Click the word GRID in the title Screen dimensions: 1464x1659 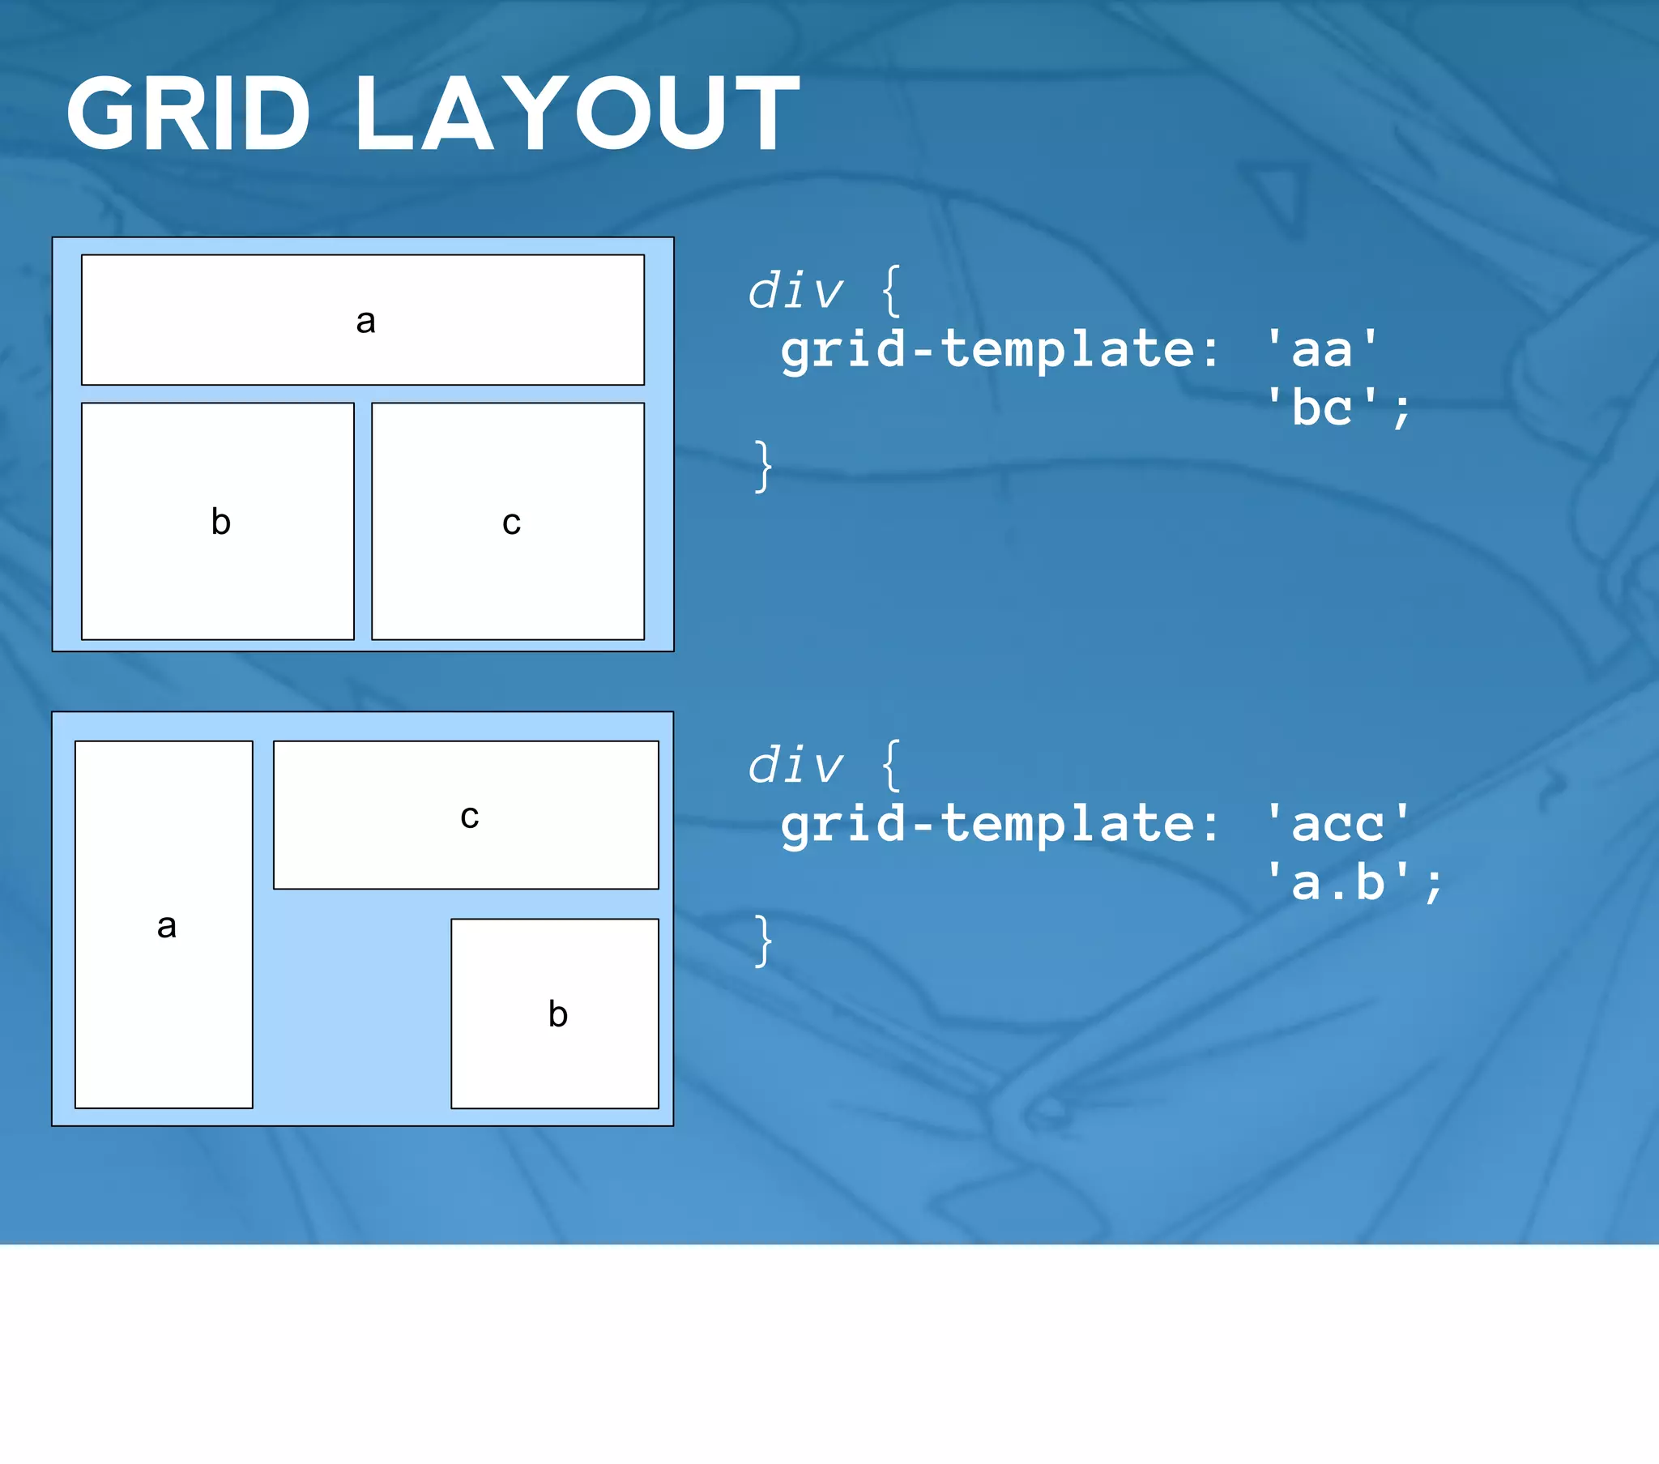pyautogui.click(x=188, y=113)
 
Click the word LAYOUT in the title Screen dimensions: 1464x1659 pyautogui.click(x=577, y=113)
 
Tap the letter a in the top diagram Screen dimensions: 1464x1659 pyautogui.click(x=365, y=322)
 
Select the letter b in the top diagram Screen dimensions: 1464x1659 pyautogui.click(x=221, y=521)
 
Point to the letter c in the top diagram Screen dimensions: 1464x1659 pyautogui.click(x=511, y=523)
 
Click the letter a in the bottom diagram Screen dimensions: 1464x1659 pyautogui.click(x=166, y=927)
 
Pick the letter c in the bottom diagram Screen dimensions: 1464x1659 pyautogui.click(x=469, y=817)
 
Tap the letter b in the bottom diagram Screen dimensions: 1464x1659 pyautogui.click(x=557, y=1014)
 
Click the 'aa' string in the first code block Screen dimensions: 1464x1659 pyautogui.click(x=1322, y=349)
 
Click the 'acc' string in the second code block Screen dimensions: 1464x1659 pyautogui.click(x=1337, y=823)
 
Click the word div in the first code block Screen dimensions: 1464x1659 pyautogui.click(x=795, y=292)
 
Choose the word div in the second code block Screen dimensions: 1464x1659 pyautogui.click(x=795, y=766)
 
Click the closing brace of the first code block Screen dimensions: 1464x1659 pyautogui.click(x=763, y=466)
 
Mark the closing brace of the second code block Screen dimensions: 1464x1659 pyautogui.click(x=763, y=941)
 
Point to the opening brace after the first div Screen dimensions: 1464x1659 pyautogui.click(x=891, y=291)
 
